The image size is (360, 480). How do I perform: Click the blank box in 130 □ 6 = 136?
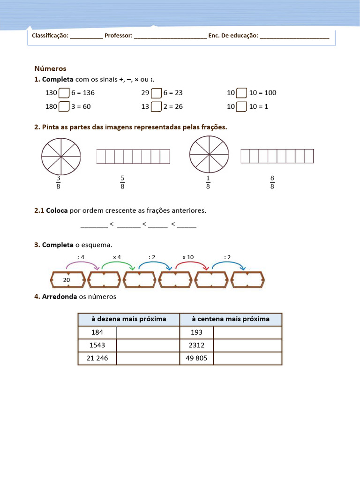[x=64, y=93]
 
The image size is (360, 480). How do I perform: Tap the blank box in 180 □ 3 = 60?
[x=64, y=107]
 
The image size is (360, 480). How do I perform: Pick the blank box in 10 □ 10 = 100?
[x=241, y=93]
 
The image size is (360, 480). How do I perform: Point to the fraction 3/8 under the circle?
[x=58, y=182]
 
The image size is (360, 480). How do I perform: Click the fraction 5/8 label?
[x=122, y=182]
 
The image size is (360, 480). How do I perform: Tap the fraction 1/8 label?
[x=208, y=182]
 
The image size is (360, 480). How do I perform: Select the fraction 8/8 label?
[x=272, y=182]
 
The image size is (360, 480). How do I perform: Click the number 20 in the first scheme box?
[x=67, y=280]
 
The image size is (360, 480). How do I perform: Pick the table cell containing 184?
[x=97, y=332]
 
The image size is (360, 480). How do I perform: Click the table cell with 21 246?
[x=97, y=359]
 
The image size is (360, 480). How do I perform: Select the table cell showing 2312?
[x=196, y=345]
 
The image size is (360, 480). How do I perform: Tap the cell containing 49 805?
[x=196, y=359]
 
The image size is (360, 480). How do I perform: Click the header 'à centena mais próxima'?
[x=231, y=319]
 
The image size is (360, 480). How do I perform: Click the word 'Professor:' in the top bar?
[x=119, y=36]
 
